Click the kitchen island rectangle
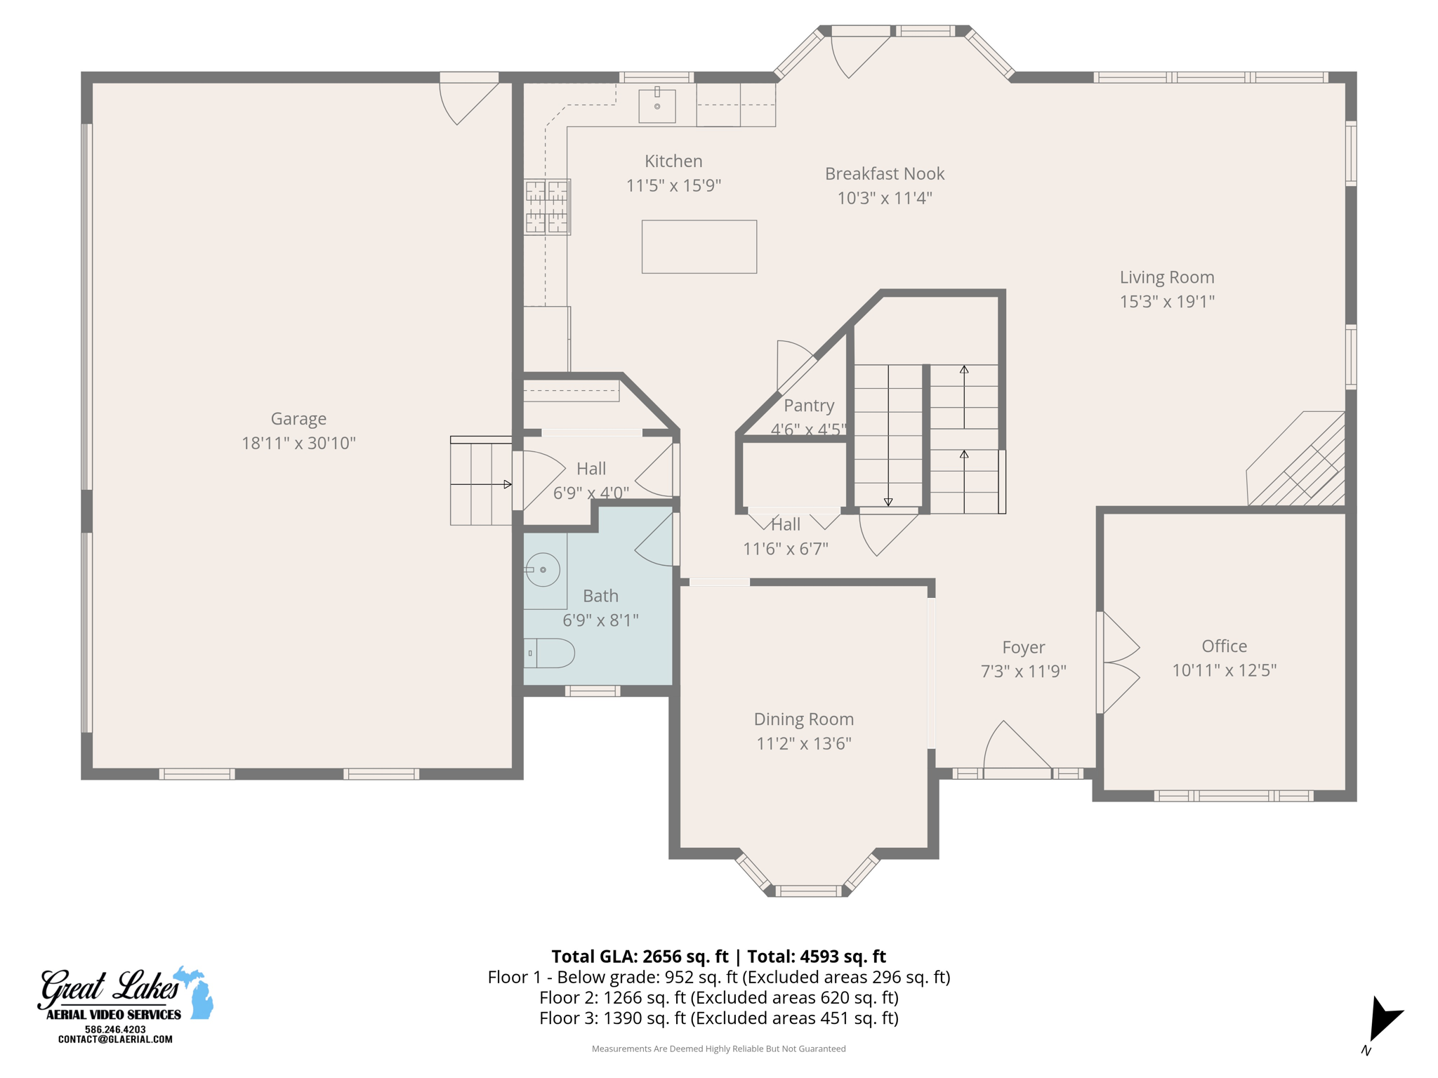point(699,246)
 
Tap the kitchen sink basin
point(657,106)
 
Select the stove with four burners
point(547,206)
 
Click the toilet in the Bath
point(551,653)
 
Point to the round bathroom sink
point(543,569)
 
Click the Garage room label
point(298,418)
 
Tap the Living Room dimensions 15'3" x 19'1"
point(1166,301)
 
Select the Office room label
point(1224,646)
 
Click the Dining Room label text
point(803,719)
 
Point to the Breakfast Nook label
point(884,173)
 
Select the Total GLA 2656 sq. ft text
point(640,956)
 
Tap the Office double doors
point(1119,663)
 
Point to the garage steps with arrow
point(481,483)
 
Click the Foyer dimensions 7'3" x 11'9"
point(1023,671)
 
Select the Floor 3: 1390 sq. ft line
point(718,1018)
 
